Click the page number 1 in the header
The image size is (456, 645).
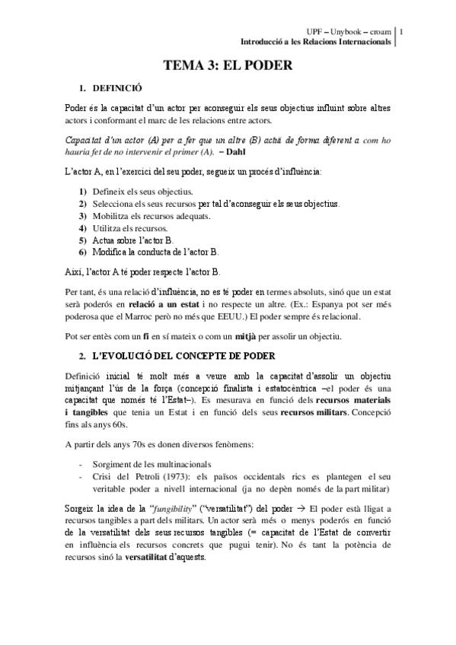[402, 31]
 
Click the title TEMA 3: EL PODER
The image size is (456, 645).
[228, 66]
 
